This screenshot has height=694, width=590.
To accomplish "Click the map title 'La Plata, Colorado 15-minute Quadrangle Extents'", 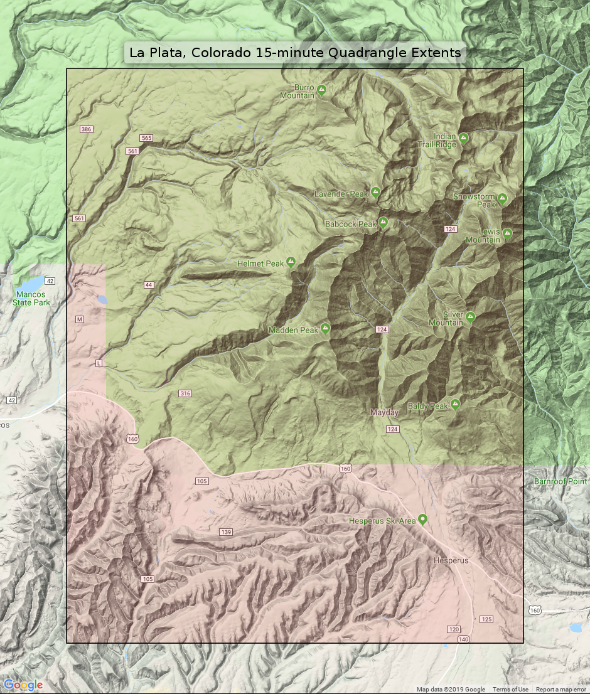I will [295, 53].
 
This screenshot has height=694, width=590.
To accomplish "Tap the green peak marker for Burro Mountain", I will [321, 91].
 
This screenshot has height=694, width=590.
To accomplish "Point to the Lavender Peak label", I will [341, 194].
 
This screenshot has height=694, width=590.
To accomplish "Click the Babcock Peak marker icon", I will [383, 223].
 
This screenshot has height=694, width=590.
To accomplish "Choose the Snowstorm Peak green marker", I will [502, 200].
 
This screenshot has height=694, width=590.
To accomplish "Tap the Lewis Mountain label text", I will [483, 236].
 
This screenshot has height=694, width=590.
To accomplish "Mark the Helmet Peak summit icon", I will [291, 262].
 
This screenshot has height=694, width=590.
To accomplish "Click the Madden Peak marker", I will [325, 328].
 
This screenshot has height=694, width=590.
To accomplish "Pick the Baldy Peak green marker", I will [455, 404].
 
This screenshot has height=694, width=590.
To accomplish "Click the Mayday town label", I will [384, 413].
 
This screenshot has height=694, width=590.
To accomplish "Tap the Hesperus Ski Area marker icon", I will [422, 520].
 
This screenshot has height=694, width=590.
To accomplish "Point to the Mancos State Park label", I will [31, 298].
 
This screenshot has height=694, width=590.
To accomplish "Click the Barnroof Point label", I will [560, 481].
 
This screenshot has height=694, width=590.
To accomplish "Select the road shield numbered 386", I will [87, 129].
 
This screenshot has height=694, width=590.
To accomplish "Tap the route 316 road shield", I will [185, 393].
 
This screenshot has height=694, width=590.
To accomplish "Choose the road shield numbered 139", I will [226, 532].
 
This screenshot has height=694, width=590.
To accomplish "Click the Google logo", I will [23, 685].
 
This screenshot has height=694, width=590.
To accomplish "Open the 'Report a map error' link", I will [560, 690].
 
